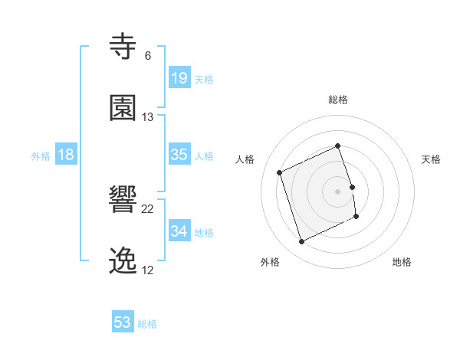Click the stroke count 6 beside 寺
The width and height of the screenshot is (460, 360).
pyautogui.click(x=147, y=55)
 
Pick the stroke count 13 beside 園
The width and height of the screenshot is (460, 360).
pyautogui.click(x=148, y=116)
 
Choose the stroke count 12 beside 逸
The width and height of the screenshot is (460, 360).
pyautogui.click(x=148, y=270)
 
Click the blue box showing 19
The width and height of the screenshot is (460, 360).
pyautogui.click(x=179, y=77)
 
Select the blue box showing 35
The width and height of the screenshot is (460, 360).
pyautogui.click(x=179, y=155)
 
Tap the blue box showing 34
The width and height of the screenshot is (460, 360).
pyautogui.click(x=179, y=231)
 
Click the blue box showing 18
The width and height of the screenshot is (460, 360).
pyautogui.click(x=66, y=155)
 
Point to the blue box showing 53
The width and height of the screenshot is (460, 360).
pyautogui.click(x=123, y=322)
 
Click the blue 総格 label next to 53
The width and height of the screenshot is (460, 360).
pyautogui.click(x=147, y=324)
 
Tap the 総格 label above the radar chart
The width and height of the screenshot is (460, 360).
pyautogui.click(x=338, y=100)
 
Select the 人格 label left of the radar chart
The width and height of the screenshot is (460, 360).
pyautogui.click(x=245, y=159)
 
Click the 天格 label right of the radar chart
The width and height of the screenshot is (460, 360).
pyautogui.click(x=432, y=159)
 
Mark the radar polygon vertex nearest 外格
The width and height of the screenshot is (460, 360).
pyautogui.click(x=301, y=242)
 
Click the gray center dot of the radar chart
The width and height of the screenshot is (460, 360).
pyautogui.click(x=338, y=191)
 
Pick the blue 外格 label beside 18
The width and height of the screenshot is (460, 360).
pyautogui.click(x=41, y=156)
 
